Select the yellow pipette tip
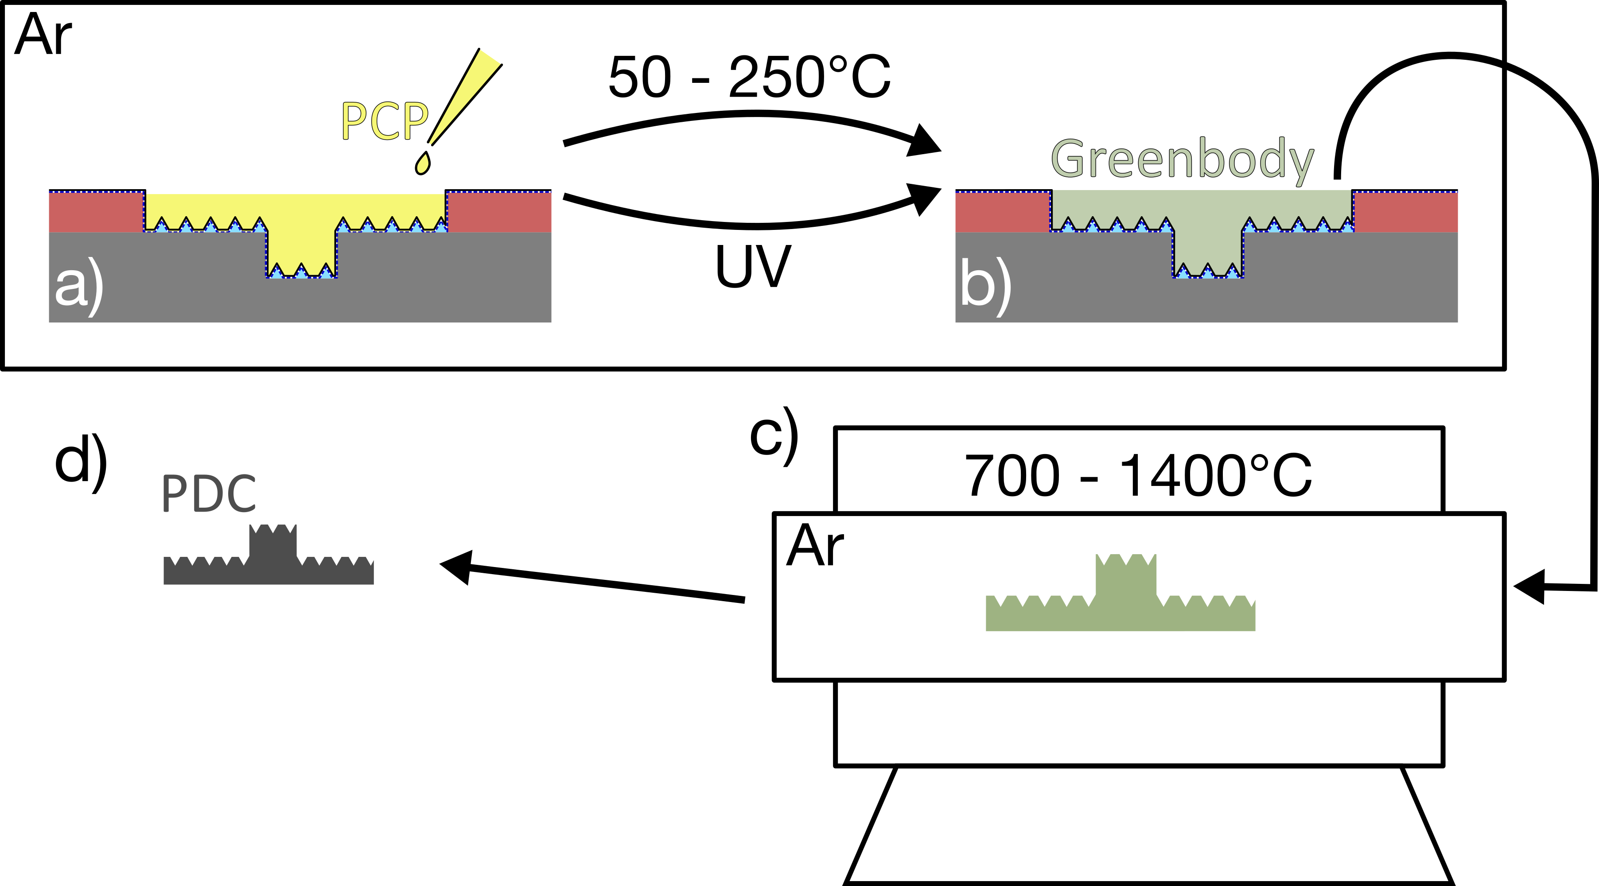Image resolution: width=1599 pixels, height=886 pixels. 466,96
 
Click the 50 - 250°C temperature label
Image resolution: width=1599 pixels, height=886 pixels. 749,78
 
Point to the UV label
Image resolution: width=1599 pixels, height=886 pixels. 753,267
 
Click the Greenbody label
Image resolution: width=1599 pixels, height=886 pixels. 1182,159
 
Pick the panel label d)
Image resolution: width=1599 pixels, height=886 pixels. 81,462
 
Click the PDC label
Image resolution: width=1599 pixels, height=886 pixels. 209,494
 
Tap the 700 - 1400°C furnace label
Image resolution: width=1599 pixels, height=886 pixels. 1138,477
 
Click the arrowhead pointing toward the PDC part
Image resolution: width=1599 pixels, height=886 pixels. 457,566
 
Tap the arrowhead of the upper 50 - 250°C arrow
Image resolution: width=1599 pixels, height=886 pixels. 925,141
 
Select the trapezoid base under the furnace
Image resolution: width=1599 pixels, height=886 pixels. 1148,825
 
